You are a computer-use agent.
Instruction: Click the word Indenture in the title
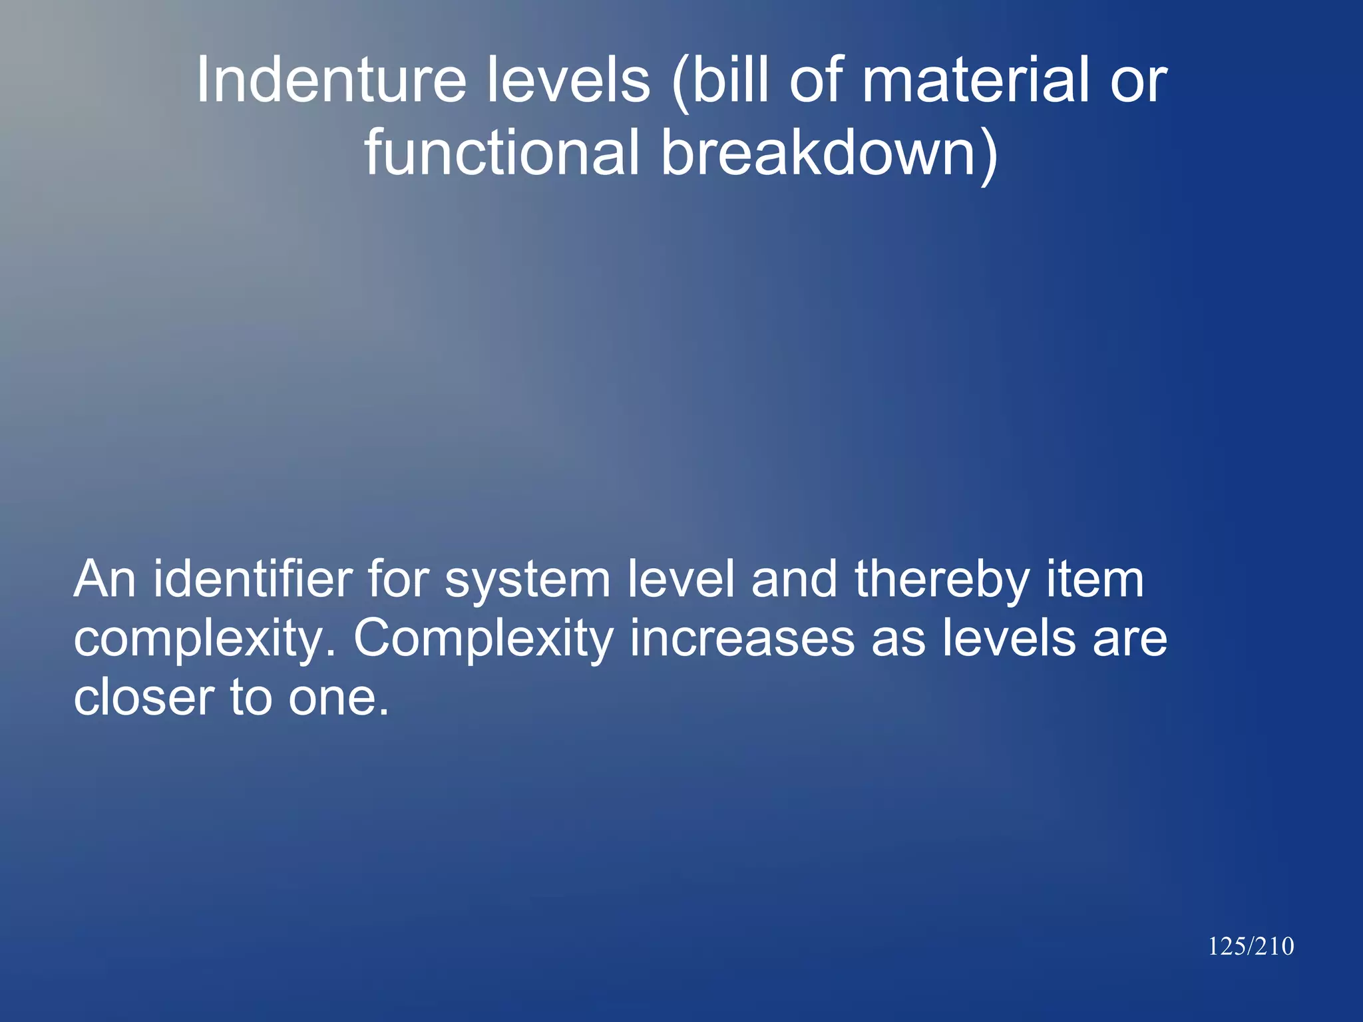[330, 81]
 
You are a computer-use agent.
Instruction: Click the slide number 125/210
[1251, 946]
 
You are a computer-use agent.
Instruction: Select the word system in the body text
[527, 580]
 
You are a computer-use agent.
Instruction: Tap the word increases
[742, 639]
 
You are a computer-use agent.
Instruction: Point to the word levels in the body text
[1008, 639]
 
